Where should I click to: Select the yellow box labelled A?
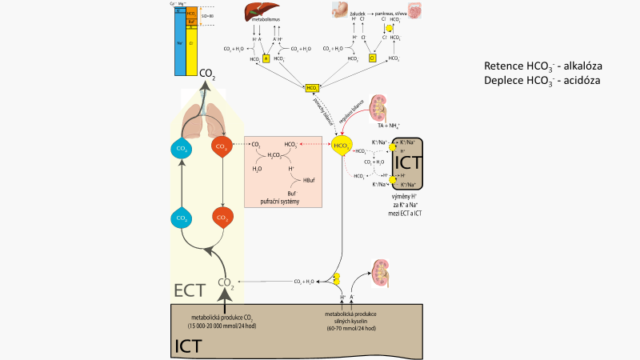click(266, 58)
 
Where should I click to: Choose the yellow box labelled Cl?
click(372, 58)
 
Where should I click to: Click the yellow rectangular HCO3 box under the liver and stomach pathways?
click(312, 87)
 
